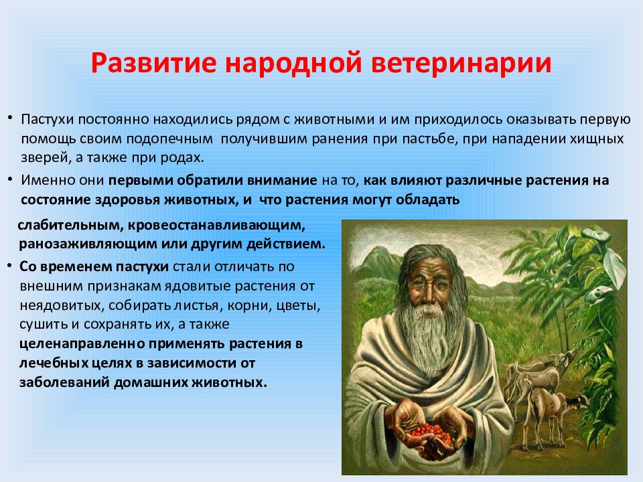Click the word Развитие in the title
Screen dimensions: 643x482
point(153,63)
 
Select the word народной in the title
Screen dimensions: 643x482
point(293,63)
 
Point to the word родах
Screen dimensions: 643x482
point(183,158)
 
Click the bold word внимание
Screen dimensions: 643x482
point(283,180)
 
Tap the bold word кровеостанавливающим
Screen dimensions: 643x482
point(216,226)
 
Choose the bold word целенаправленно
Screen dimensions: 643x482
point(82,343)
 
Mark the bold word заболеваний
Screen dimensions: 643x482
point(64,382)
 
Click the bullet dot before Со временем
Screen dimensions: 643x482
point(9,266)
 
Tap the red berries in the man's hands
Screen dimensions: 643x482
point(430,433)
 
